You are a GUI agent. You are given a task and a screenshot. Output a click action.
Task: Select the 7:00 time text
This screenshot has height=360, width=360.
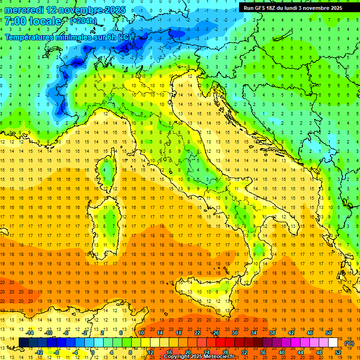(x=16, y=21)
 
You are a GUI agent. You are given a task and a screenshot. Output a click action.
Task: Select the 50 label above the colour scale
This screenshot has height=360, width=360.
(x=329, y=333)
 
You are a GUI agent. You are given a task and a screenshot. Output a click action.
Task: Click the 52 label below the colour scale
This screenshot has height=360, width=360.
(x=338, y=352)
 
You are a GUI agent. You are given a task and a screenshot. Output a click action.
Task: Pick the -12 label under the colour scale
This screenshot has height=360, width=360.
(x=39, y=352)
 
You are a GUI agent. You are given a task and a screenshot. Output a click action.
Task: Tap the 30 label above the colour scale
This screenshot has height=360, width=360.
(x=235, y=333)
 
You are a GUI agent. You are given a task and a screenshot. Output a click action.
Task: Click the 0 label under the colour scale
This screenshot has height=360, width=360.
(x=93, y=352)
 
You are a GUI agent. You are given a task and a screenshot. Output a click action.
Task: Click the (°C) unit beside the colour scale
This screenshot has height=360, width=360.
(x=349, y=343)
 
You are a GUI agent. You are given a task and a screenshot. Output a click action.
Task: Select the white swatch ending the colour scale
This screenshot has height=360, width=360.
(x=333, y=342)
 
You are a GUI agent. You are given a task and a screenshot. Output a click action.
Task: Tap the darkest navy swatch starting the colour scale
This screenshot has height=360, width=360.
(x=23, y=342)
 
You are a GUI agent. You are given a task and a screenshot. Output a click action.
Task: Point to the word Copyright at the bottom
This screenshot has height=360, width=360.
(x=177, y=357)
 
